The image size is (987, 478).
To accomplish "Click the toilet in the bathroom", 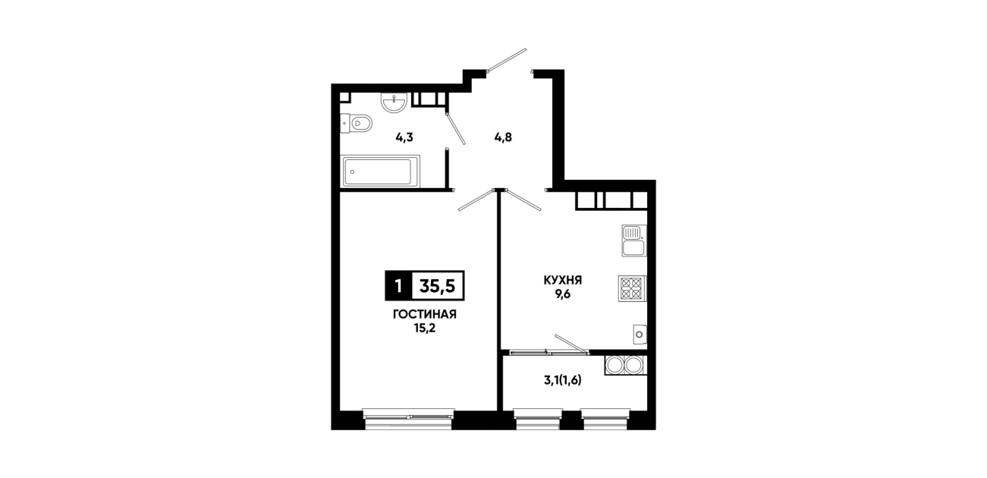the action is coord(356,124).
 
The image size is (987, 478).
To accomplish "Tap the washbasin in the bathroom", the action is coord(394,102).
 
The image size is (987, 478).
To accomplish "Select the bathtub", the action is coord(380,171).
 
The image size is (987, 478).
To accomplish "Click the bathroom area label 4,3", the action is coord(404,137).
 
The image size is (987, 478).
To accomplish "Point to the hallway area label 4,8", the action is coord(503,137).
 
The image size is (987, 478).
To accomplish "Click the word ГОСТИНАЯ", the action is coord(424,314).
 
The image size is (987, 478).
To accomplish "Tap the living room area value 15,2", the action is coord(424,329).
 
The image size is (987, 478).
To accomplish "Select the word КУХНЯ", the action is coord(563,280).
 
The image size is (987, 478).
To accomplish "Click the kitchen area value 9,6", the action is coord(563,294).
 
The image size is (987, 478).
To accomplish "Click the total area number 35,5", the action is coord(438,286).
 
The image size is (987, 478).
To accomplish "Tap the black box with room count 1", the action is coord(398,286).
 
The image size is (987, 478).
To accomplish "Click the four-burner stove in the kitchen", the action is coord(632,288).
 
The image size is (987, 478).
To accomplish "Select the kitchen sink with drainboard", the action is coord(634,241).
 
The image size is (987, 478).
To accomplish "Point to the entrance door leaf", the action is coord(507,60).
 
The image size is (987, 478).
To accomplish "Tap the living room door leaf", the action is coord(476,200).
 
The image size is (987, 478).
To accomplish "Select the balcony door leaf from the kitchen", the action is coord(571,344).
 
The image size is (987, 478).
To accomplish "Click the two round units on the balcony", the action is coord(626,365).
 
